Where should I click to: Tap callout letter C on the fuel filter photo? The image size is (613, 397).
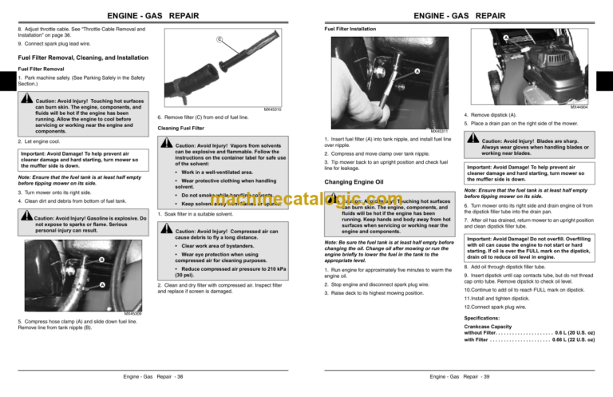pos(219,41)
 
